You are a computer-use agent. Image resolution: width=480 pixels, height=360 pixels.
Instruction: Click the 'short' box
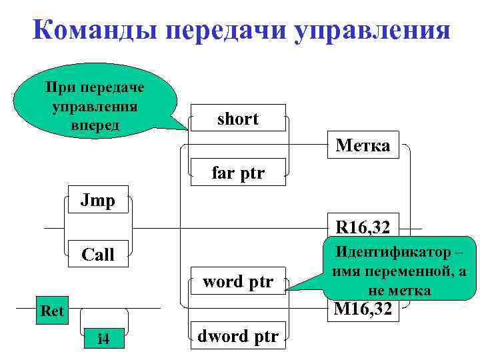(238, 119)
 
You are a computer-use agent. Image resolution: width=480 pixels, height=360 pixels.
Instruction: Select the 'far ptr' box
(238, 173)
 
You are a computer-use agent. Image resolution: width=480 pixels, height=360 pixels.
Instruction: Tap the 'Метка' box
(363, 145)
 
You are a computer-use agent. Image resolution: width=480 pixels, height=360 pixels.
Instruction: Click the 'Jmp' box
(98, 201)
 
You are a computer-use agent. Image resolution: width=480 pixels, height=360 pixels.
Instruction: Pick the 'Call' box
(98, 255)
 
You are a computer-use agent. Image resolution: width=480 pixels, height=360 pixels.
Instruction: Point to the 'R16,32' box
(363, 228)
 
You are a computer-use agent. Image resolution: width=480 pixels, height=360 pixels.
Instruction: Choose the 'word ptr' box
(238, 281)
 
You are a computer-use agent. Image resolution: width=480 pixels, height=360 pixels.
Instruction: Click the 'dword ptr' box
(238, 335)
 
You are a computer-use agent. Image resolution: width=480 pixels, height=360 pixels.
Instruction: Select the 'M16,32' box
(363, 309)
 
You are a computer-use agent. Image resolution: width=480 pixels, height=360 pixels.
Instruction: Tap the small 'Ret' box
(52, 310)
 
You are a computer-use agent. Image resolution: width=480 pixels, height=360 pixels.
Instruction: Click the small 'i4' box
(103, 339)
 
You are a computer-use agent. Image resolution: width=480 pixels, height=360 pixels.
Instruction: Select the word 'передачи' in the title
(223, 31)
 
